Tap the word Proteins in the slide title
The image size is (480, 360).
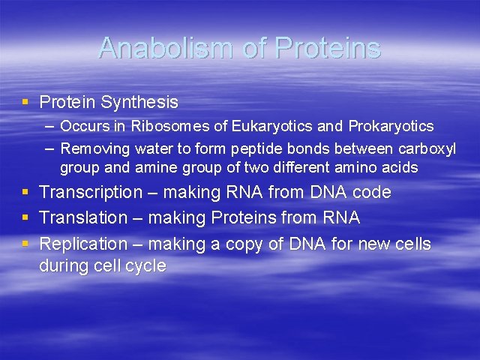pos(328,48)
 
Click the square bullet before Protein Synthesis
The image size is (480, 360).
pos(26,101)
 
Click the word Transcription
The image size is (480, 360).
pos(91,193)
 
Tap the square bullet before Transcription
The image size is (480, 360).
pos(26,193)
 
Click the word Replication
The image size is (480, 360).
pos(83,244)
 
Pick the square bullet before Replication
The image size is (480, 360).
pos(26,244)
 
